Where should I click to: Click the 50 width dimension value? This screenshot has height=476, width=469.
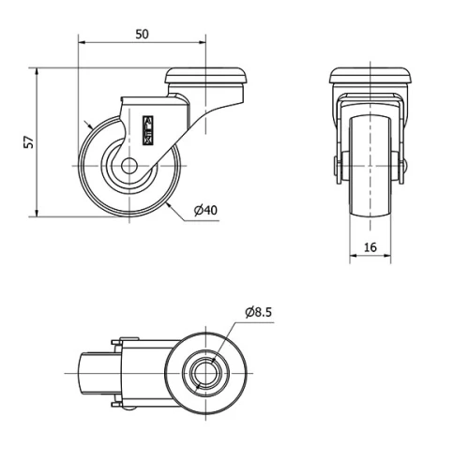[x=142, y=34]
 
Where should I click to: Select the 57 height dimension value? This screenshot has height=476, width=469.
[x=29, y=141]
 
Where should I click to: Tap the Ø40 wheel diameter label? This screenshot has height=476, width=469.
[x=205, y=210]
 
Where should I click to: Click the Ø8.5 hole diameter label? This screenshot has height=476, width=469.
[x=258, y=312]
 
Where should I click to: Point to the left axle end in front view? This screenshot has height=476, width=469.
[x=336, y=169]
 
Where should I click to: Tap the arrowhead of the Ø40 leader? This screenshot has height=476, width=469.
[x=168, y=201]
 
